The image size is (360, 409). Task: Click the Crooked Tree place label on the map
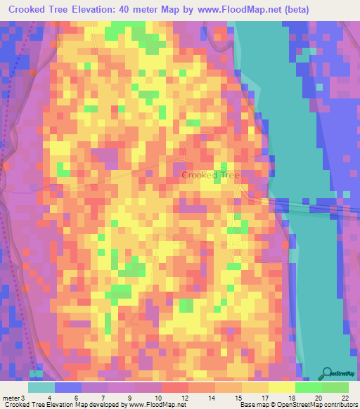click(210, 175)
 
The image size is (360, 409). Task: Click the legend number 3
click(23, 398)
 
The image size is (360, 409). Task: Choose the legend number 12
click(184, 398)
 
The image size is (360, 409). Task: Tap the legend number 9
click(129, 398)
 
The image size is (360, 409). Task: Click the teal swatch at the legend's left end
click(41, 387)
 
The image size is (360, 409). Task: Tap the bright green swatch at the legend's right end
click(335, 387)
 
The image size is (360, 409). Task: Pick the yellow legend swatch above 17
click(255, 387)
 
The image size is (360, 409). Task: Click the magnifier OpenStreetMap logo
click(326, 373)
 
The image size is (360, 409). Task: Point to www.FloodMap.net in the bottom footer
click(153, 405)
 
